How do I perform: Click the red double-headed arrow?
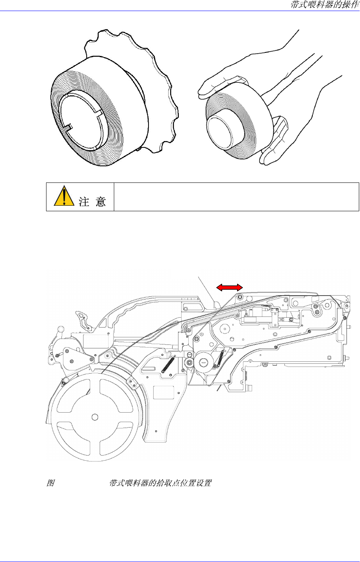229,288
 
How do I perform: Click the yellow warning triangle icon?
64,196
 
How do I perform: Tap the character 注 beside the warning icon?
84,201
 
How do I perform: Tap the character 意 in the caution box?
100,201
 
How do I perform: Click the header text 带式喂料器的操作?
325,4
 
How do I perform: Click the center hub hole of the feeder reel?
95,417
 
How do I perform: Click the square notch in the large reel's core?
69,127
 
